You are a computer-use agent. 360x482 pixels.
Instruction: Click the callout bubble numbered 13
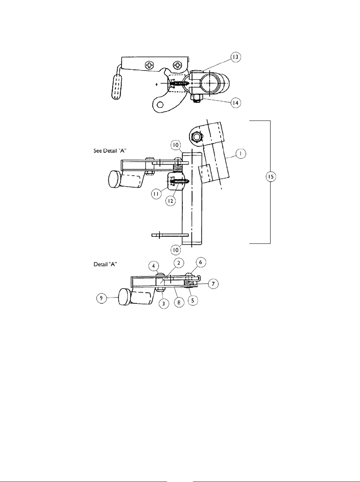235,57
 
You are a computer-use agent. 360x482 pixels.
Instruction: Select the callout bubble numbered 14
236,103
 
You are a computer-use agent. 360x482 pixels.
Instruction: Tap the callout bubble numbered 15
271,177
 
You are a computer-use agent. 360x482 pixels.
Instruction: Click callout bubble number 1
240,154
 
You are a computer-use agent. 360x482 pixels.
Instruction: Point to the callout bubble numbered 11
156,194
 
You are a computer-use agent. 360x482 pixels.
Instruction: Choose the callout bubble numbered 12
171,201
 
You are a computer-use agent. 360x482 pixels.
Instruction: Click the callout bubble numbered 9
101,298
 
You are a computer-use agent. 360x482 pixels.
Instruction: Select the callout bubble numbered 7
213,284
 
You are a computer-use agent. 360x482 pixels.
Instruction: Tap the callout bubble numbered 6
200,262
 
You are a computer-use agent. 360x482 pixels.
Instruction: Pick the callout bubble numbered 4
154,266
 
